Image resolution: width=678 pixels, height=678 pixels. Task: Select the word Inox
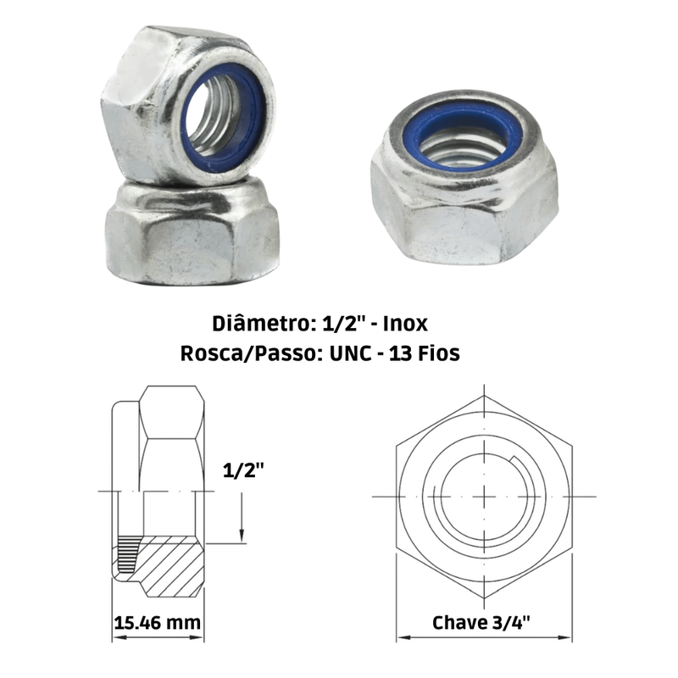406,324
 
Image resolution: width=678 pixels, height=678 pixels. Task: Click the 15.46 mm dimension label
158,623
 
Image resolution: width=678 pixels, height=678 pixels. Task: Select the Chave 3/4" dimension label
481,623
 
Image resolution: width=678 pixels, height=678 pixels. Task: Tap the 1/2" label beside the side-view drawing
243,470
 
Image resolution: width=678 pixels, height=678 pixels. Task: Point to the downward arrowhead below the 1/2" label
242,536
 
